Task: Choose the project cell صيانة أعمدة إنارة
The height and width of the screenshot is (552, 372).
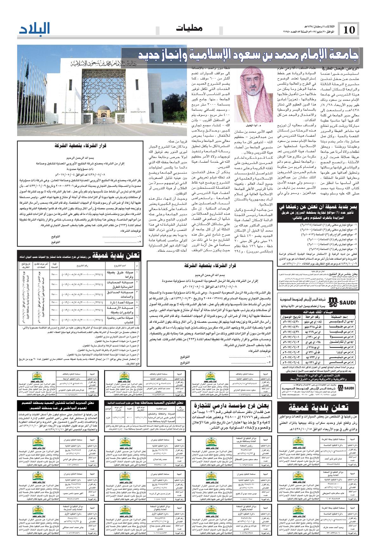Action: coord(121,302)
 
